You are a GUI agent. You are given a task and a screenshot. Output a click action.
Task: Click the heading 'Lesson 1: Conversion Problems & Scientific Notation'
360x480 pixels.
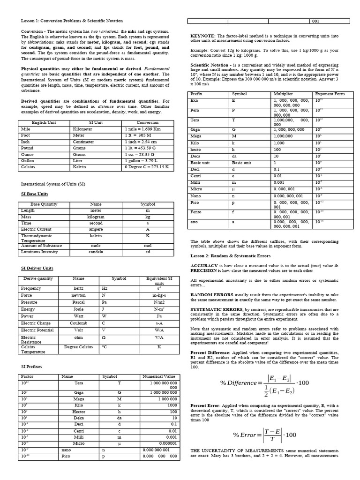72,21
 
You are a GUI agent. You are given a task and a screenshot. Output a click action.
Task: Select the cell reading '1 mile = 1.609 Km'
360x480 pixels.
143,129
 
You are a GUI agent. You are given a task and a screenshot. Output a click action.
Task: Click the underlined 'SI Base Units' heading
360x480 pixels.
35,194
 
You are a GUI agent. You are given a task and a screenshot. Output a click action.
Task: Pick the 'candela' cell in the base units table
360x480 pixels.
96,252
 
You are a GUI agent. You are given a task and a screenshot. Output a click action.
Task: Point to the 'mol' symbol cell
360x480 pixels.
148,245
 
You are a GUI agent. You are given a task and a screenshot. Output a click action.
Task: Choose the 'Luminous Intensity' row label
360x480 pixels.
40,252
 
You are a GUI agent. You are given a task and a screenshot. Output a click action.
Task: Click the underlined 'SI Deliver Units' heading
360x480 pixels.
37,268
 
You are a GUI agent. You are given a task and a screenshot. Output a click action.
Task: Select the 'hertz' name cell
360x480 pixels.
78,288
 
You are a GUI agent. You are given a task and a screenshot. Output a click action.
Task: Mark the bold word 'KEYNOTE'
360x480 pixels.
203,36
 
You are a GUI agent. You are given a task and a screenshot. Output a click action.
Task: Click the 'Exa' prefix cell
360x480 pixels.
194,100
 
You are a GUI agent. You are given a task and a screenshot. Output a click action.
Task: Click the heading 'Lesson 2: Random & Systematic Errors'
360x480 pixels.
230,256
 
